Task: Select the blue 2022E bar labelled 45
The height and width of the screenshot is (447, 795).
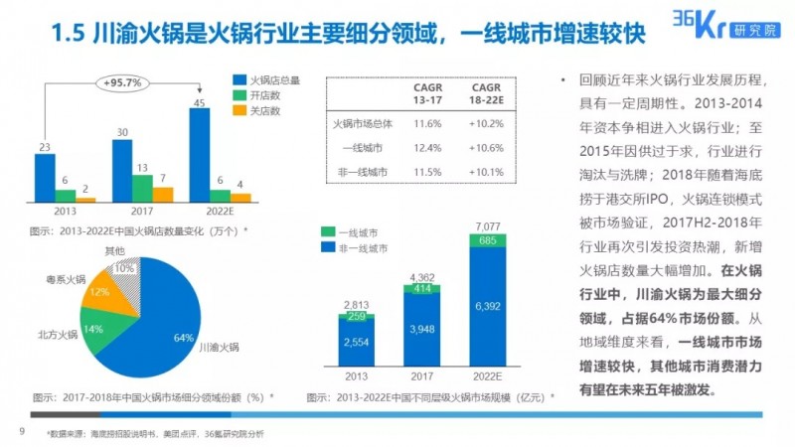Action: click(199, 154)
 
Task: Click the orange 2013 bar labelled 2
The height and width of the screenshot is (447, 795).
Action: click(86, 200)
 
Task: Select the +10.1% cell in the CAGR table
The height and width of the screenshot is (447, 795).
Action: click(487, 173)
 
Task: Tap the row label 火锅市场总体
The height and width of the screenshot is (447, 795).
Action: click(363, 125)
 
